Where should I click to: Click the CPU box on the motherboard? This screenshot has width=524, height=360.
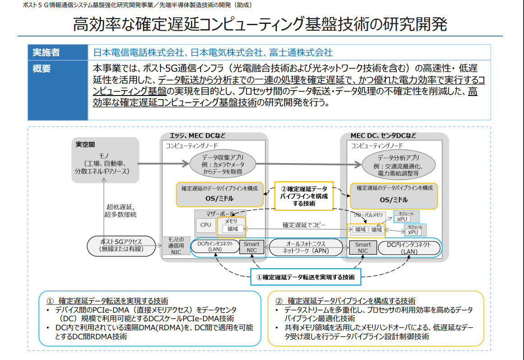pos(205,224)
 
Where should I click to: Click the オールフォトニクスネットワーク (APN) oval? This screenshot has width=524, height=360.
pos(306,247)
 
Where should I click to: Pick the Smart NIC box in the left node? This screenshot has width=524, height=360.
pos(252,247)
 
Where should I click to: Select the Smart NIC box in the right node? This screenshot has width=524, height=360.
pos(363,247)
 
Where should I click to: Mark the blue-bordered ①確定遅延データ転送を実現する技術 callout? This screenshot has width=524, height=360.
pos(306,277)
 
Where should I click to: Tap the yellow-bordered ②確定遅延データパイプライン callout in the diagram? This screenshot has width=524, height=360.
pos(304,196)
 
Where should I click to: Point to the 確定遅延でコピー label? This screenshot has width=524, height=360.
pos(304,224)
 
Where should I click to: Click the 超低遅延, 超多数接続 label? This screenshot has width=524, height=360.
pos(121,210)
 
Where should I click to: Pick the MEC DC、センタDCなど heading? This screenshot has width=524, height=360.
pos(383,136)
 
